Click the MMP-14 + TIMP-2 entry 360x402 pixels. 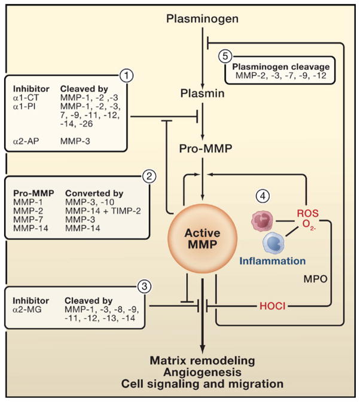click(x=91, y=211)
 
